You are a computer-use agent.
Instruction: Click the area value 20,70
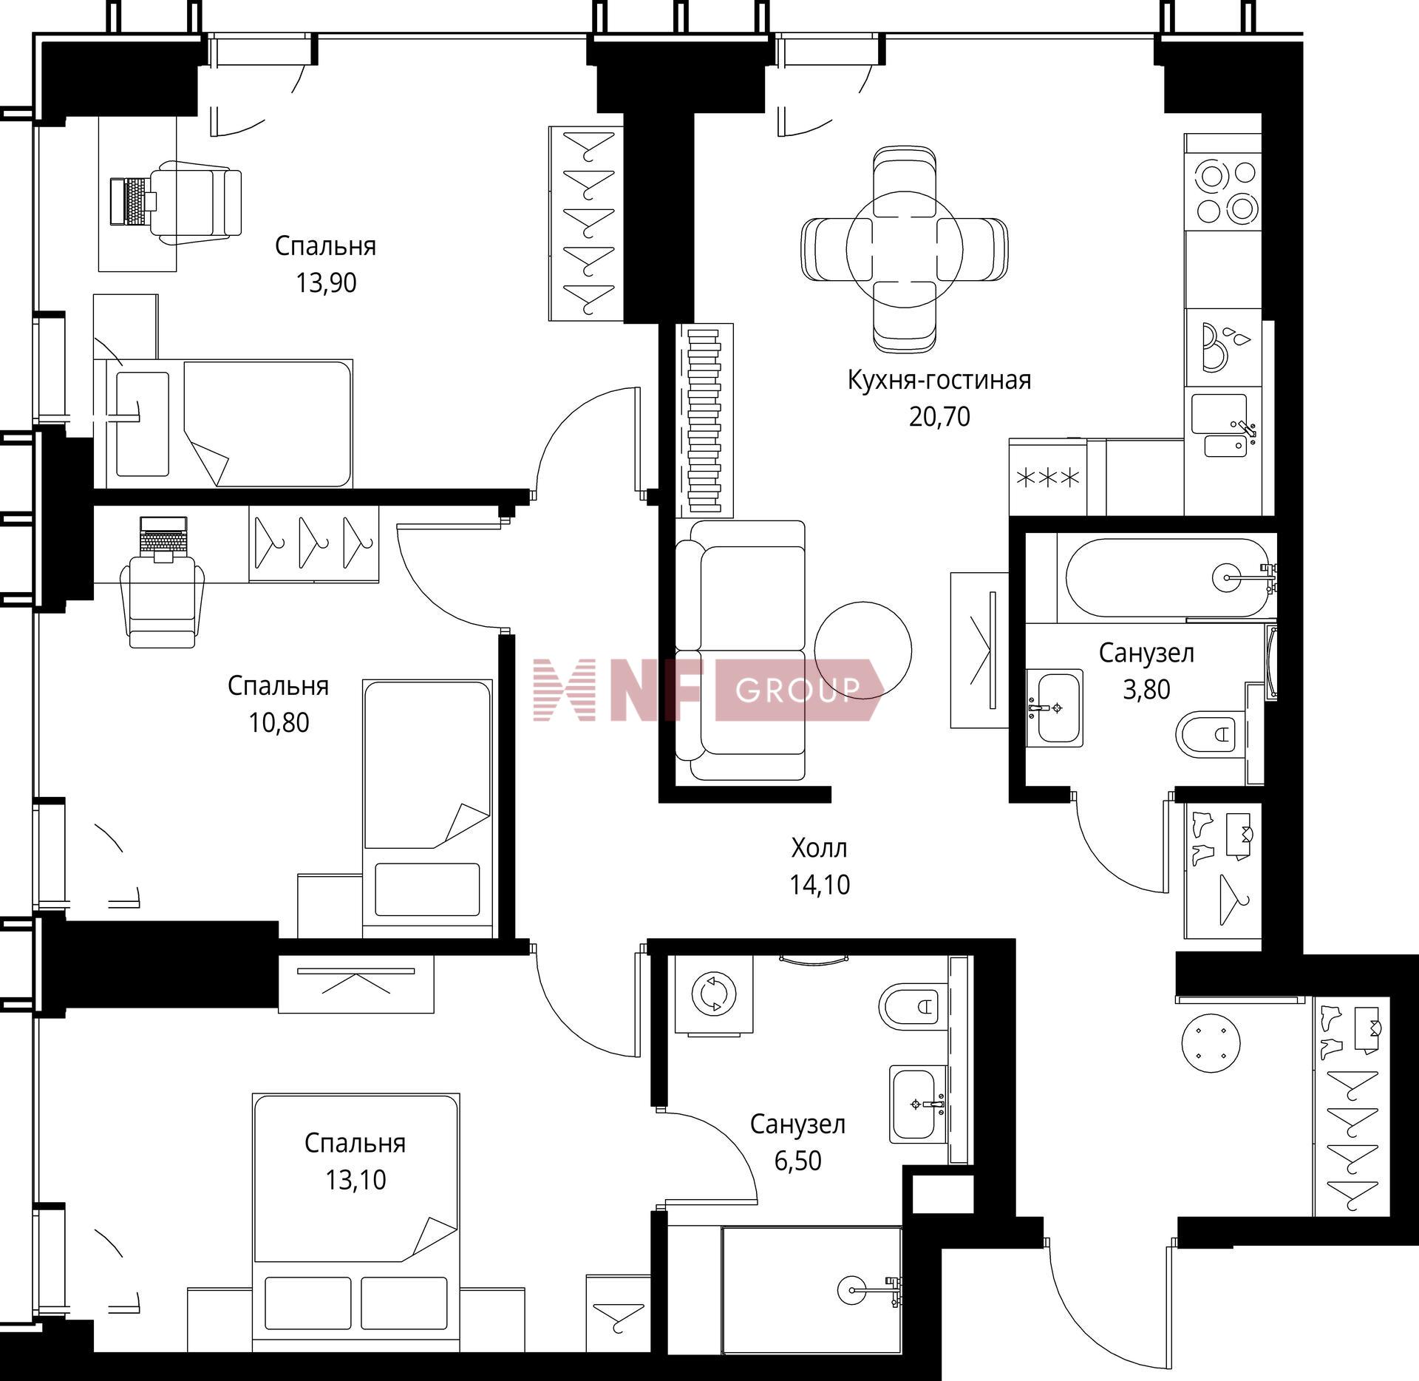point(939,417)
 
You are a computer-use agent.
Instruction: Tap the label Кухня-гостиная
point(939,381)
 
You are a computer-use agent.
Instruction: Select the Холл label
point(819,848)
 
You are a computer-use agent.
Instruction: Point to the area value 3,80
point(1146,690)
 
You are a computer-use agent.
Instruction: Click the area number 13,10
point(355,1180)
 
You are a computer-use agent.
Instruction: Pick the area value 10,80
point(279,722)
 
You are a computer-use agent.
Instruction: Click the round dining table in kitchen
point(905,249)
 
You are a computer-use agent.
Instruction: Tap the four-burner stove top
point(1222,191)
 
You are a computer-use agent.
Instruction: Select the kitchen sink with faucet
point(1224,425)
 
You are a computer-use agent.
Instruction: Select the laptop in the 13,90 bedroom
point(127,201)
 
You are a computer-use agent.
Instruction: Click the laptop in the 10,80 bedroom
point(163,535)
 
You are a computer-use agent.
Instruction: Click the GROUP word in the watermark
point(799,690)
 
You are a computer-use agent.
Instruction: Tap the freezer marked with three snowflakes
point(1048,478)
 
